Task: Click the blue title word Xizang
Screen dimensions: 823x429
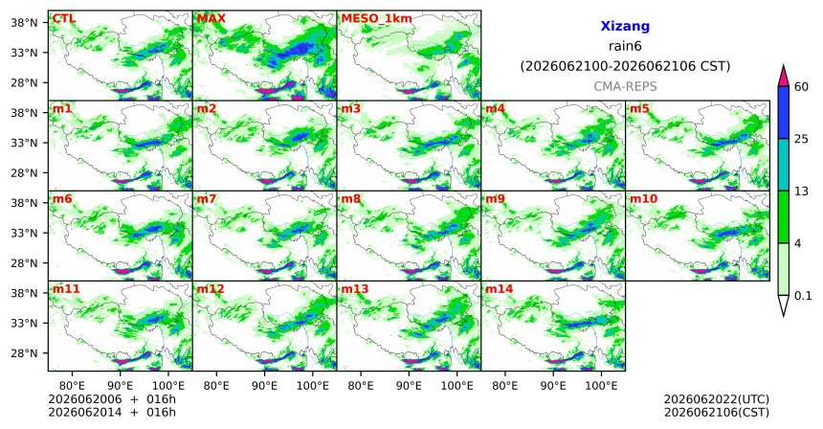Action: tap(625, 26)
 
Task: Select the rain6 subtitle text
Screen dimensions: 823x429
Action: tap(625, 46)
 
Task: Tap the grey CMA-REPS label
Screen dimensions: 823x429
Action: tap(625, 86)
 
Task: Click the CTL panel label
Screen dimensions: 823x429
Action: tap(64, 19)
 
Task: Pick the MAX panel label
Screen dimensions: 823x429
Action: tap(211, 19)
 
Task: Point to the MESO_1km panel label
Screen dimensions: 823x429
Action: tap(376, 19)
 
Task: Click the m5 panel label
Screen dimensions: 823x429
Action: tap(639, 109)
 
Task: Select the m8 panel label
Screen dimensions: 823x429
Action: tap(350, 199)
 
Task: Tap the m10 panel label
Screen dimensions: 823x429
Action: tap(643, 199)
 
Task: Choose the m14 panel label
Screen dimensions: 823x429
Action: tap(499, 289)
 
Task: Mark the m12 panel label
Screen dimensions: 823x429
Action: tap(210, 289)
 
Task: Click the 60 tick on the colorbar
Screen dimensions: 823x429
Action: tap(801, 87)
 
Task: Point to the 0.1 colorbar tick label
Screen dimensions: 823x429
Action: tap(803, 296)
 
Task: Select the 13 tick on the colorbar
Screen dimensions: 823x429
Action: tap(801, 192)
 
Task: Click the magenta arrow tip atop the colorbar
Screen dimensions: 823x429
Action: tap(783, 66)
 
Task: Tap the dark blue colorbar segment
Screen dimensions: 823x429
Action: tap(783, 112)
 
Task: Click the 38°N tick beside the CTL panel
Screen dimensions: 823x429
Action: tap(24, 23)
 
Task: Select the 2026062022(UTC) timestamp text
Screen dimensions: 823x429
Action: tap(717, 400)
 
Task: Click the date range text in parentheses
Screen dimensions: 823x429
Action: tap(625, 67)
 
